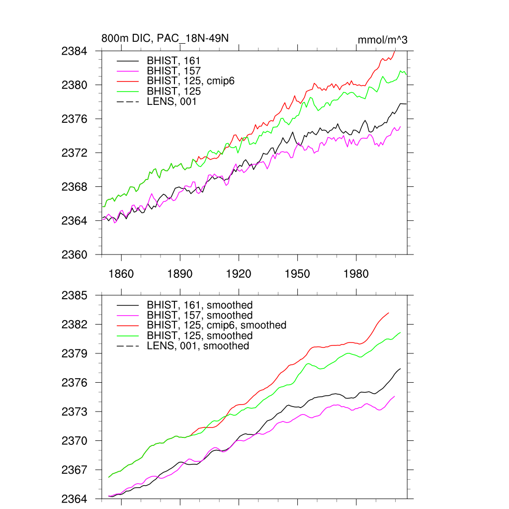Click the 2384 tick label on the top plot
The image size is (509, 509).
click(75, 51)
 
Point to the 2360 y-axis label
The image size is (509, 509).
click(75, 254)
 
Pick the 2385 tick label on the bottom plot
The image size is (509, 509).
click(75, 296)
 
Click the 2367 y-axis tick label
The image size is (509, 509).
click(75, 470)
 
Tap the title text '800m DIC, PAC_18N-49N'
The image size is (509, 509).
click(165, 39)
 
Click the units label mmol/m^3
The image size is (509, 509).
click(382, 40)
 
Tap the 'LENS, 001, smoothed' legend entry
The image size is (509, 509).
click(198, 345)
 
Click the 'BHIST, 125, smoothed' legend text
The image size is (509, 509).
click(200, 336)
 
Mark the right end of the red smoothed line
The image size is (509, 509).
click(389, 313)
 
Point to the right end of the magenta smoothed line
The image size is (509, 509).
click(395, 396)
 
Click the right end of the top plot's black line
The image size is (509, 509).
click(406, 103)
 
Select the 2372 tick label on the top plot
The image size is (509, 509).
click(75, 153)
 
